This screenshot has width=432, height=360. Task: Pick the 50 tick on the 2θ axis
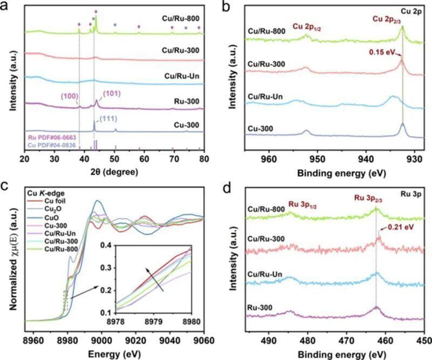point(114,160)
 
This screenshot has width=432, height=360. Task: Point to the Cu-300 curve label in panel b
point(258,128)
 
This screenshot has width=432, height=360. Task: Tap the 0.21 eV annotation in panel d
point(402,228)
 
